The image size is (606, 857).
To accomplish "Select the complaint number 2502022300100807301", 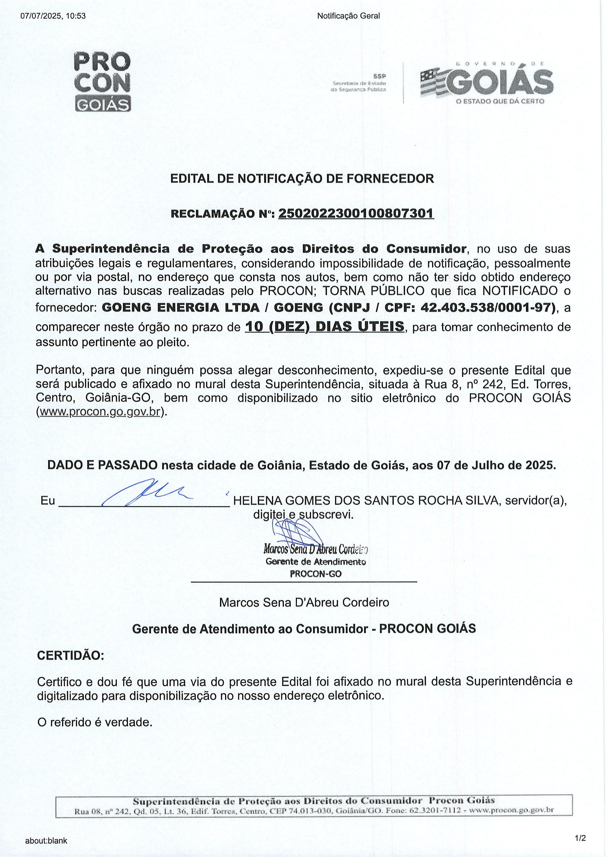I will coord(356,214).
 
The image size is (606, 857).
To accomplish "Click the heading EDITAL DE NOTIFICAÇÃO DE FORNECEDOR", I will coord(302,179).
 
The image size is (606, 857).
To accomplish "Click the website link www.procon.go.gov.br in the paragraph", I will coord(100,412).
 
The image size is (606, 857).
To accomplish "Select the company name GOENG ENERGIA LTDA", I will coord(181,308).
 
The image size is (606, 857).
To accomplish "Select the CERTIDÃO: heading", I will coord(71,655).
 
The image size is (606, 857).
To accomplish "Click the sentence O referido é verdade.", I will coord(95,722).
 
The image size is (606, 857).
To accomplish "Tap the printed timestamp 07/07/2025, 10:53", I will coord(53,16).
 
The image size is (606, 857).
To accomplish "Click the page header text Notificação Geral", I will coord(348,16).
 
